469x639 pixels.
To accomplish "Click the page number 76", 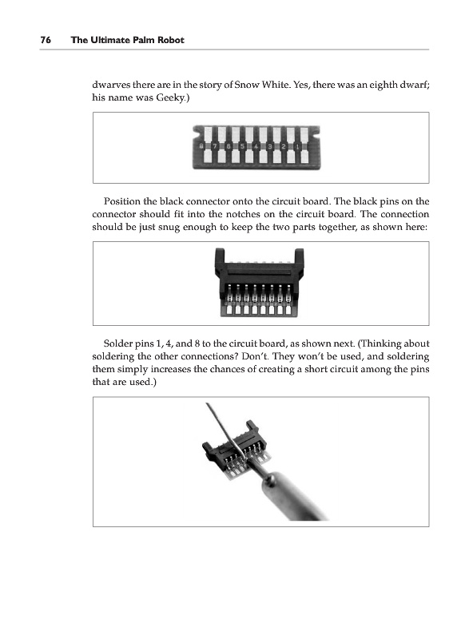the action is pos(46,40).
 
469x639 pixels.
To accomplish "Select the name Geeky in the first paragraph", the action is pos(170,98).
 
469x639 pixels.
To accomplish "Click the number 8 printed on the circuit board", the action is pos(201,146).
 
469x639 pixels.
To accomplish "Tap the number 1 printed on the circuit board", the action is pos(297,146).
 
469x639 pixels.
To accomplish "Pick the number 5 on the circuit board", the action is pos(242,146).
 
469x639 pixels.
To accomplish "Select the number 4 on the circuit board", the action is pos(256,146).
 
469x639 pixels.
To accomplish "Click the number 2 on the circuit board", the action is pos(284,146).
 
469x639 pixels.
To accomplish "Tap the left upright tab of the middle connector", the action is pos(220,263).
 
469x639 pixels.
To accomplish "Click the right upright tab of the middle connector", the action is pos(299,263).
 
